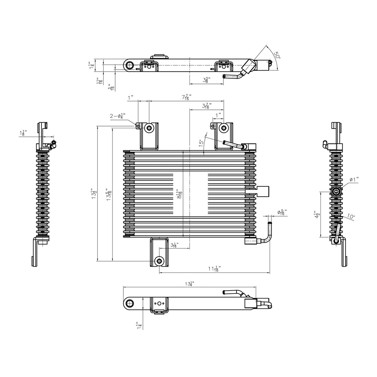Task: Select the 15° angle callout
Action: click(202, 143)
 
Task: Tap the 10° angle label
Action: click(351, 216)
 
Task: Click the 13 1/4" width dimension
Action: click(189, 284)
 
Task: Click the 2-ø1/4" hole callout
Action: click(118, 116)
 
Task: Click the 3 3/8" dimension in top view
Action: click(206, 80)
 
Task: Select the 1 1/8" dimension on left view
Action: click(23, 133)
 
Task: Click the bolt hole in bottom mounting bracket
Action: click(159, 261)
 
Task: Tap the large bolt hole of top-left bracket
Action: click(149, 128)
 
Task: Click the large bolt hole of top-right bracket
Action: click(224, 128)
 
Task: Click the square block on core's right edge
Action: click(263, 191)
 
